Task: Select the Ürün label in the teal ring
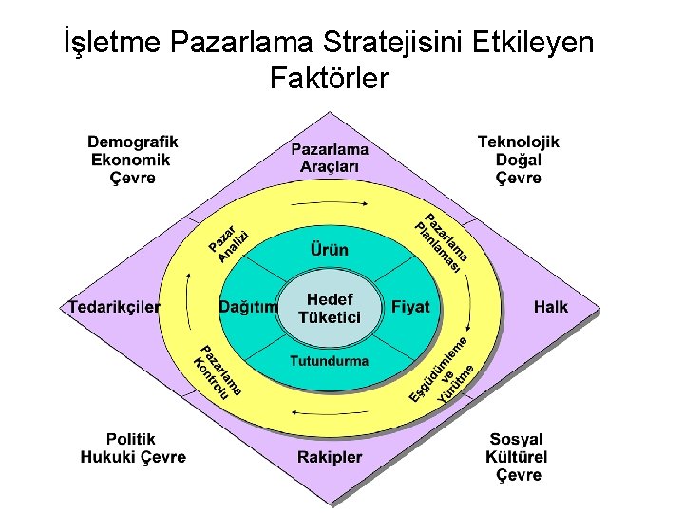click(329, 250)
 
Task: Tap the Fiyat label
click(410, 307)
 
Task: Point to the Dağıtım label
click(248, 307)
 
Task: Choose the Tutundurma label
click(329, 361)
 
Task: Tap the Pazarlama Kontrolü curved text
click(218, 372)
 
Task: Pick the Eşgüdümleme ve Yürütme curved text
click(442, 370)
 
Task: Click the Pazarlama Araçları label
click(330, 158)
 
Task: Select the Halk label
click(550, 307)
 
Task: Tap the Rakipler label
click(330, 457)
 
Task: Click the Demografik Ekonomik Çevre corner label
click(133, 160)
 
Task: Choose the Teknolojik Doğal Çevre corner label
click(518, 160)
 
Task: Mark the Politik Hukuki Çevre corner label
click(132, 448)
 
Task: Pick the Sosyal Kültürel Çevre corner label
click(517, 457)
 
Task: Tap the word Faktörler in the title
click(329, 78)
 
